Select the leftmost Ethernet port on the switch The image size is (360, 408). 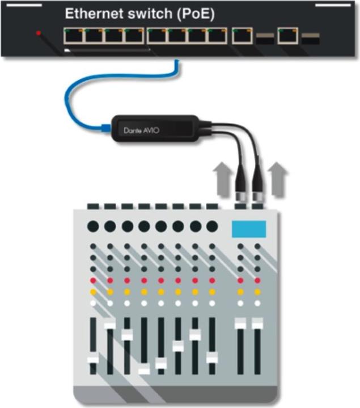click(73, 36)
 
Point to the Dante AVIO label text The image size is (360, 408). click(141, 130)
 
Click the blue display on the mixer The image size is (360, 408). click(248, 229)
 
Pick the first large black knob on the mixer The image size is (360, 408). click(93, 227)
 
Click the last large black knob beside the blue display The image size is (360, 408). click(212, 227)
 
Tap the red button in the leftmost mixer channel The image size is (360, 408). click(93, 280)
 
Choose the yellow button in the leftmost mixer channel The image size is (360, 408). click(93, 292)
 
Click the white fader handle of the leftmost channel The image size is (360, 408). click(92, 360)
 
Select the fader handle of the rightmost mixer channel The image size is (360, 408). click(257, 323)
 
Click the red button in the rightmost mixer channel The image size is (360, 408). click(257, 280)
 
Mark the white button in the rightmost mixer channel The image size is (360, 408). click(257, 303)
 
